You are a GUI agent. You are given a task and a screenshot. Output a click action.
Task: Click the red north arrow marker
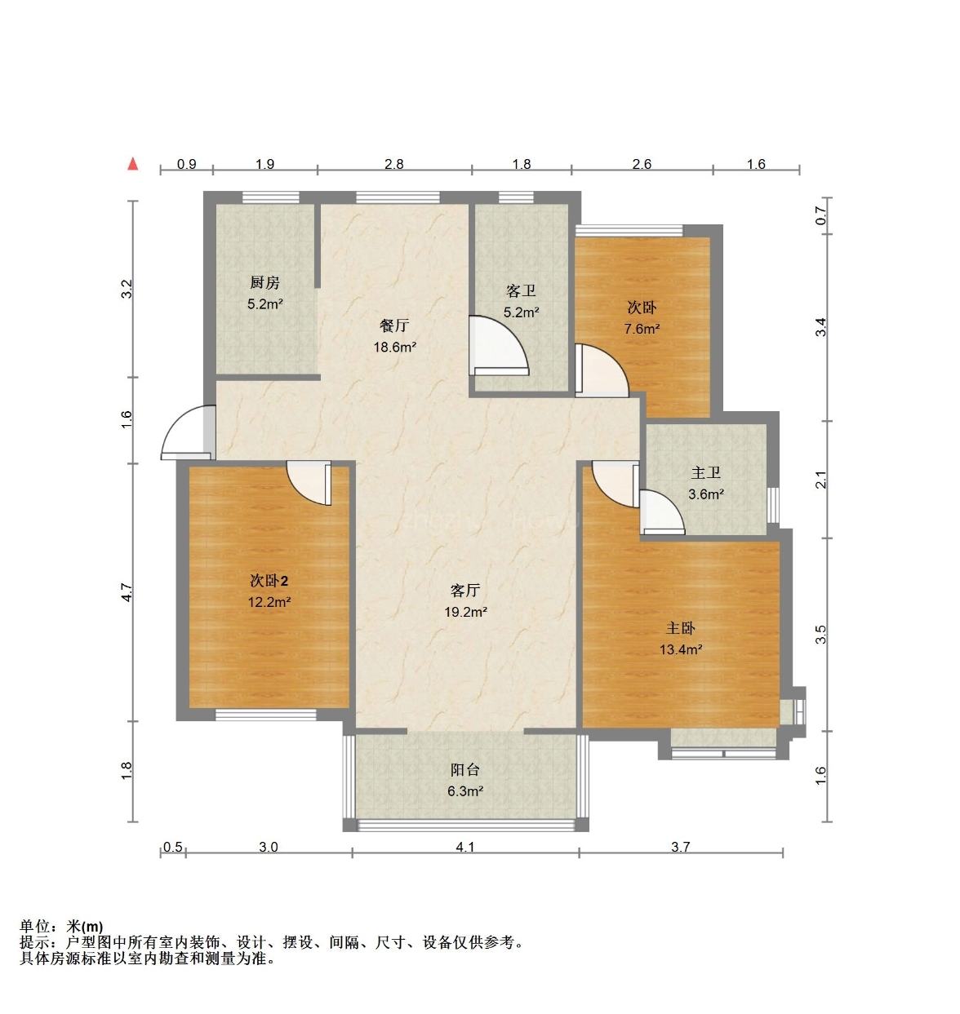point(133,163)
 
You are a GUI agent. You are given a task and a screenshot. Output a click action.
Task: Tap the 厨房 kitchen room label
point(264,282)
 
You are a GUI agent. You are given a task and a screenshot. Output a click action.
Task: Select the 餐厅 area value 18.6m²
point(395,348)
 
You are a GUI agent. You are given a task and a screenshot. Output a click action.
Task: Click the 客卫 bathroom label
point(522,291)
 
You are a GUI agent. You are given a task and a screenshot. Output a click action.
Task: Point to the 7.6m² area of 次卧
point(642,329)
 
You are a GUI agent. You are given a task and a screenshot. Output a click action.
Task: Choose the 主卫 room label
point(705,472)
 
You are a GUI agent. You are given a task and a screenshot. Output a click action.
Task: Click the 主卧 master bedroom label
point(680,627)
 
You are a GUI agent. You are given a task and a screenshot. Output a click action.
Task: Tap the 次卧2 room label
point(269,581)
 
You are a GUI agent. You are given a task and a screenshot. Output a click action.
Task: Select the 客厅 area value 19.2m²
point(465,612)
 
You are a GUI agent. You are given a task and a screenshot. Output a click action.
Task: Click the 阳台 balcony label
point(465,769)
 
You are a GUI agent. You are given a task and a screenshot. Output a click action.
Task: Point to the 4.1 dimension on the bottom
point(465,847)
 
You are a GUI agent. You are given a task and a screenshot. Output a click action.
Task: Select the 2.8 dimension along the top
point(393,164)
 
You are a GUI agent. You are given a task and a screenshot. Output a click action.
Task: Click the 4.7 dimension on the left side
point(127,592)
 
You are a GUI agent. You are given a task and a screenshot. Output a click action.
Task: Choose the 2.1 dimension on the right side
point(820,480)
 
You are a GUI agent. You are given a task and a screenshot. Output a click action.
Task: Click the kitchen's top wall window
point(270,197)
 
